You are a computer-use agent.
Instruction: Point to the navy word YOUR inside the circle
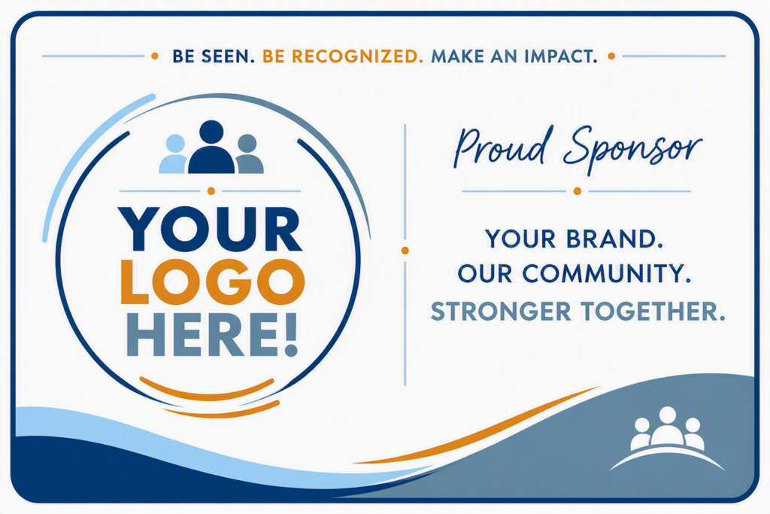coord(210,229)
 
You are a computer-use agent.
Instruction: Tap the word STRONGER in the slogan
coord(501,311)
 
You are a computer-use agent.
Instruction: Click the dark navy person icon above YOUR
coord(211,147)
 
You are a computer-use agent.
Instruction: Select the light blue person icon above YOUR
coord(174,154)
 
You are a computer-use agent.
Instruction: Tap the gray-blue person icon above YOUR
coord(248,154)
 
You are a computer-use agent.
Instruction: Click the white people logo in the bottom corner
coord(667,437)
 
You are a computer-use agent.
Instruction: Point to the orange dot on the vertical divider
coord(405,251)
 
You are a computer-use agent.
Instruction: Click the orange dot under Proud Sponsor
coord(577,191)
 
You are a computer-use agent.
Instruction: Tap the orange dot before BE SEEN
coord(155,56)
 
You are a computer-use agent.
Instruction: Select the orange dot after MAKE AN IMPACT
coord(611,56)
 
